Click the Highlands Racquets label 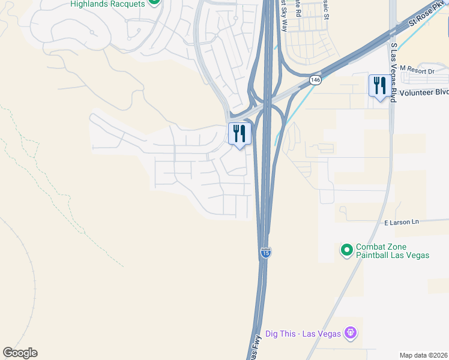(x=107, y=4)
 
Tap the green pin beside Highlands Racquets (x=154, y=2)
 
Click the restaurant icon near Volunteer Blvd (x=378, y=85)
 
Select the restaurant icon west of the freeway (x=239, y=134)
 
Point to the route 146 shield (x=315, y=80)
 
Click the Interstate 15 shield (x=265, y=253)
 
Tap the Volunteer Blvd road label (x=424, y=92)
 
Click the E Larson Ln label (x=401, y=222)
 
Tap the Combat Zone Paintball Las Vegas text (x=393, y=251)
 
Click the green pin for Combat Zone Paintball (x=346, y=250)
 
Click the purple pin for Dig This (x=351, y=333)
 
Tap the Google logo (x=20, y=353)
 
